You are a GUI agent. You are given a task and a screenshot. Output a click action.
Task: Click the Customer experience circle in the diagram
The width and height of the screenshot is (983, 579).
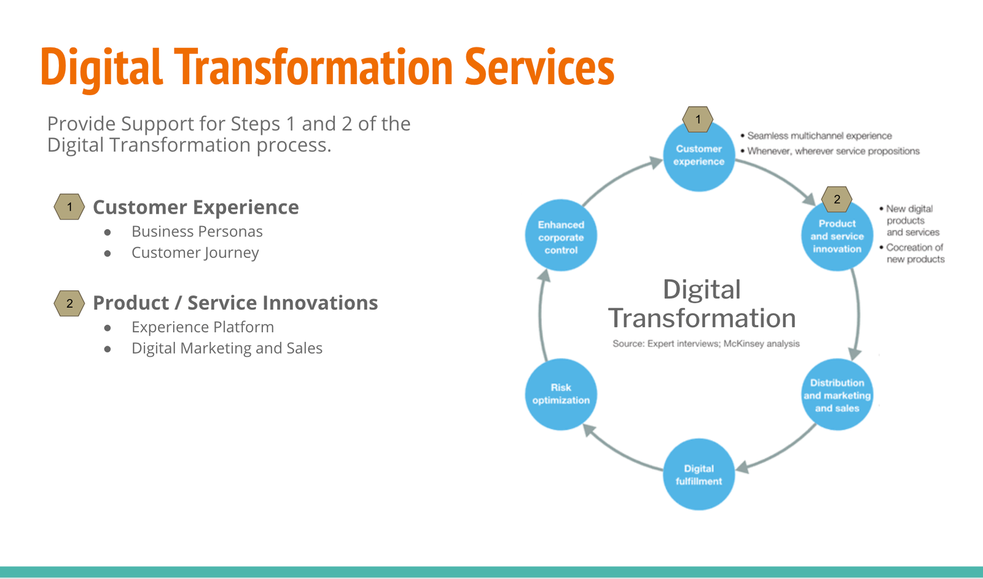tap(699, 156)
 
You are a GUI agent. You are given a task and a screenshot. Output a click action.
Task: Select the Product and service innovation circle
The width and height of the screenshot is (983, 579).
tap(837, 236)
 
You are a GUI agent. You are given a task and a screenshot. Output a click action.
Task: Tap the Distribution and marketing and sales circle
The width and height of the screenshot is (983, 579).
tap(837, 394)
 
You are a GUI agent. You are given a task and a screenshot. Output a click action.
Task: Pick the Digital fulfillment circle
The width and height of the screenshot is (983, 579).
tap(699, 474)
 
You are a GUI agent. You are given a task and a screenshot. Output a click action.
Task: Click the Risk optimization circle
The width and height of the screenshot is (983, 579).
tap(561, 394)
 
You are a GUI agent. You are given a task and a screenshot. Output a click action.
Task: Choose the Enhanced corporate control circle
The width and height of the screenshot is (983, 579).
tap(561, 236)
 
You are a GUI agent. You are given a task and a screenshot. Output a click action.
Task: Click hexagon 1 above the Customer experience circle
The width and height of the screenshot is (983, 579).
tap(698, 119)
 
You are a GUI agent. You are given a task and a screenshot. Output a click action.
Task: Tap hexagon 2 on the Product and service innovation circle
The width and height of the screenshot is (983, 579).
tap(837, 199)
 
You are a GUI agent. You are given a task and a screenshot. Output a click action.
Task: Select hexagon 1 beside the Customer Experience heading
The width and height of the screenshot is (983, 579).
tap(69, 206)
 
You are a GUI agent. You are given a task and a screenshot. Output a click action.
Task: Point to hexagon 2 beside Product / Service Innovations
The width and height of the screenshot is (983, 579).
tap(69, 303)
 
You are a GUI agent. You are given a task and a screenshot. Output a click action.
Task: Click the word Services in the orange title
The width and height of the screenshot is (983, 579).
tap(539, 67)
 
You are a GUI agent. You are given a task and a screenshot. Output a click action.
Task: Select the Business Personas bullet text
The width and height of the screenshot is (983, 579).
tap(197, 231)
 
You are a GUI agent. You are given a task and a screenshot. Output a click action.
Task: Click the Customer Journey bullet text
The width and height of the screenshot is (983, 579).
tap(195, 253)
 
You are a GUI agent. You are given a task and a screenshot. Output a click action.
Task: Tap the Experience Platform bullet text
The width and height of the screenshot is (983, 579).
tap(203, 327)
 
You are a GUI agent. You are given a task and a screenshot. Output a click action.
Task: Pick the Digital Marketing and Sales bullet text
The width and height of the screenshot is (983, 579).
tap(227, 348)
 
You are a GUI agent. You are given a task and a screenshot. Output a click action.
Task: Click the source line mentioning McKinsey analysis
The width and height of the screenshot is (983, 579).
tap(706, 343)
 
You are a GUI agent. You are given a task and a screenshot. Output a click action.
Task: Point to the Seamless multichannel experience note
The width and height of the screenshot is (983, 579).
tap(817, 136)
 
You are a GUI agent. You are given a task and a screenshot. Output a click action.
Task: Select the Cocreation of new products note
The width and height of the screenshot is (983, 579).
tap(912, 253)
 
